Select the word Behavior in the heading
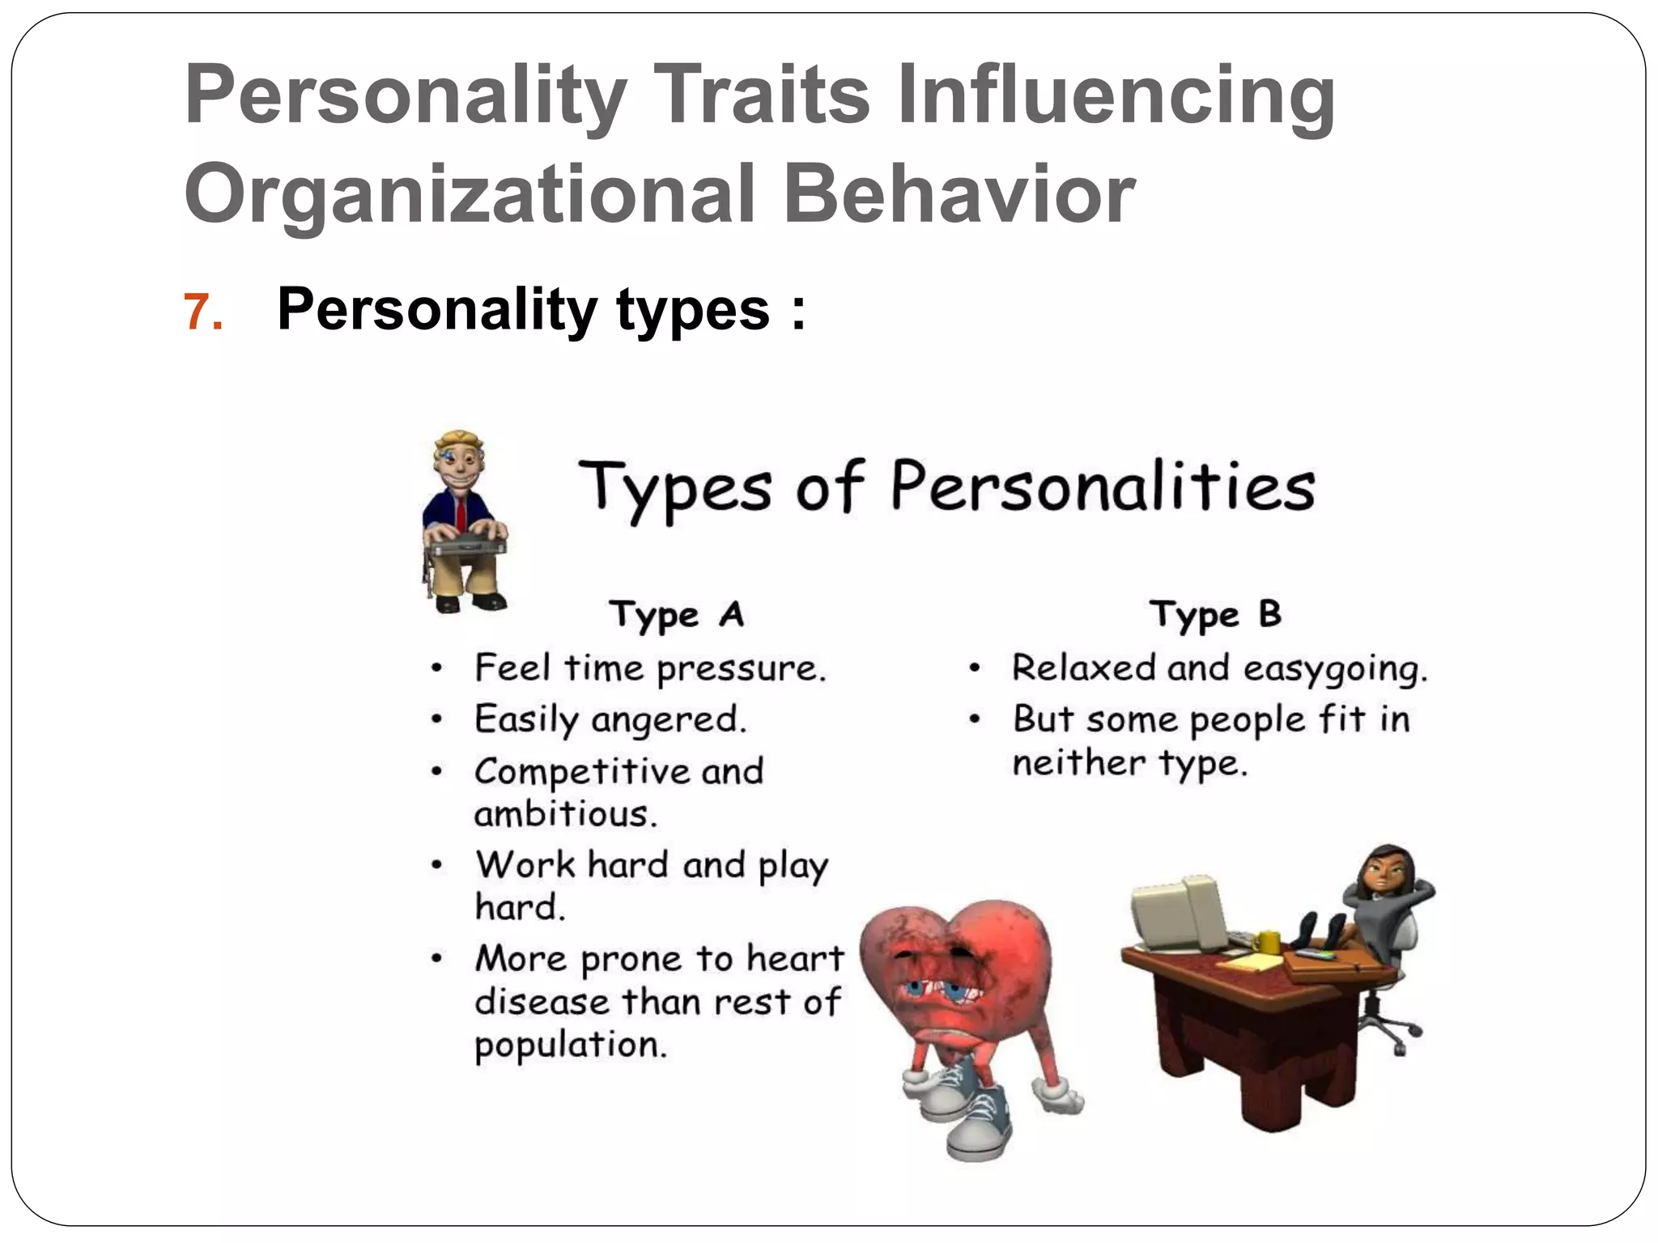(959, 194)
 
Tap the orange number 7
(202, 312)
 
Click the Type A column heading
(676, 615)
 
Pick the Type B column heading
(1215, 615)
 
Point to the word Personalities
(1103, 488)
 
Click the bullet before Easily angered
(437, 719)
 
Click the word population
(571, 1045)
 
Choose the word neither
(1078, 763)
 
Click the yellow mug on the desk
(1268, 941)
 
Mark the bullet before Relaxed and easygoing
(976, 668)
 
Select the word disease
(542, 1002)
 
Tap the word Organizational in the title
(470, 194)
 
